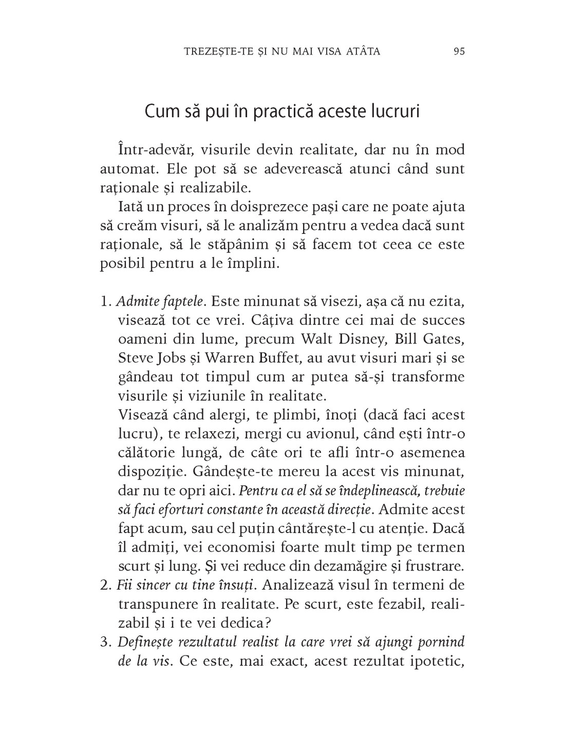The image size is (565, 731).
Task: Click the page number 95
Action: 459,51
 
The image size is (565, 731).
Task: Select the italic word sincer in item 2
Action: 150,585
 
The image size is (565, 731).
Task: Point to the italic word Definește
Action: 142,642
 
